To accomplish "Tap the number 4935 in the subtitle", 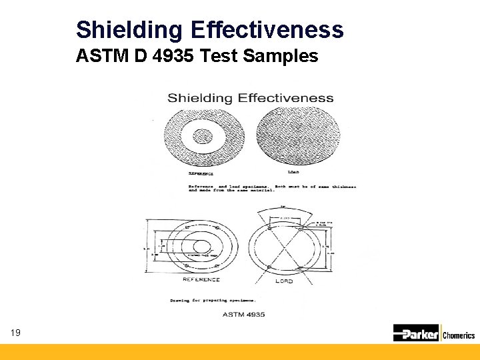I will [171, 57].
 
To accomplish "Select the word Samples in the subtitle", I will [281, 57].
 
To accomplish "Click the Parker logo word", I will [420, 333].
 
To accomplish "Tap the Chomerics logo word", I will [459, 335].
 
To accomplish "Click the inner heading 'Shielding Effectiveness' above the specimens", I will [250, 98].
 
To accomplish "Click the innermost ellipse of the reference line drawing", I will [200, 245].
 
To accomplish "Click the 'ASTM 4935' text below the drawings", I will [243, 313].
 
